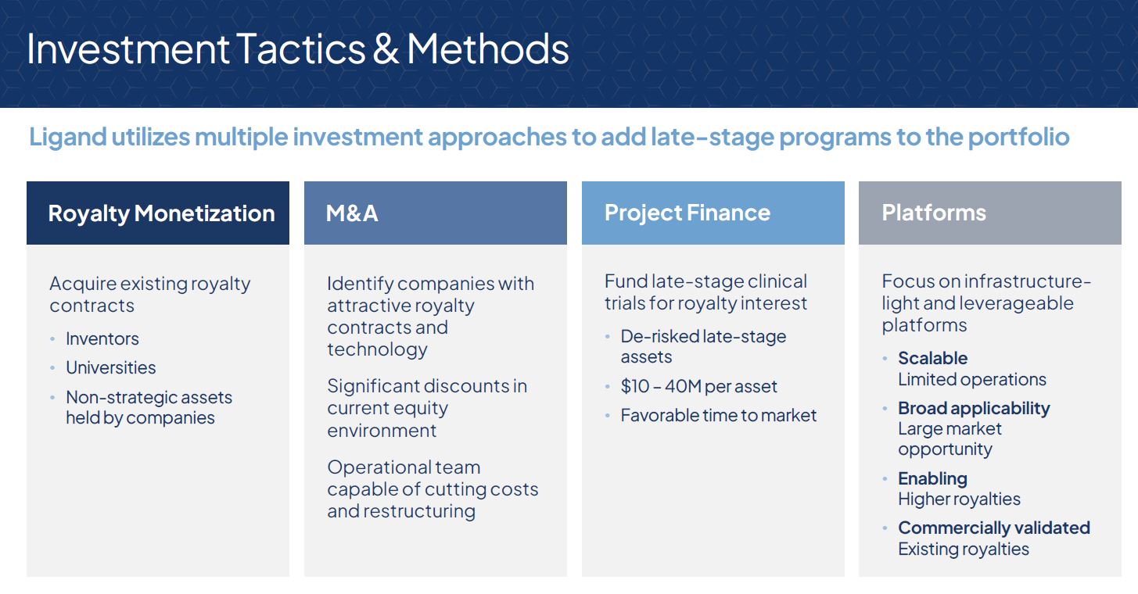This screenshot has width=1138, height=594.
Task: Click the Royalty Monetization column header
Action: (x=161, y=213)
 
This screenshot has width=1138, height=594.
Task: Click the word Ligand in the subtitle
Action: (x=67, y=137)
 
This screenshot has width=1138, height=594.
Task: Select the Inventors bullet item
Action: (x=102, y=338)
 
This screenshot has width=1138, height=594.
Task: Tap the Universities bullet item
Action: (x=110, y=367)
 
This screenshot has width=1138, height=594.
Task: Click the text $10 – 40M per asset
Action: (x=698, y=386)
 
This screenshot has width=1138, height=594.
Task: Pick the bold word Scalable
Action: (x=932, y=358)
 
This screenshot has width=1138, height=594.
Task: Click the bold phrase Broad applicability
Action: (x=974, y=408)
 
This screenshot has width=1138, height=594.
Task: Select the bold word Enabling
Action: (x=932, y=478)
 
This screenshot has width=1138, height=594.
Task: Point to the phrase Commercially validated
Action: (x=993, y=528)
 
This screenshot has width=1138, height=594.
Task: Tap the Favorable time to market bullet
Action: (x=718, y=415)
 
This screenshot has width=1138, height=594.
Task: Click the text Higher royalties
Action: (x=959, y=499)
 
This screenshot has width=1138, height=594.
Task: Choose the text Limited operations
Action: (x=971, y=379)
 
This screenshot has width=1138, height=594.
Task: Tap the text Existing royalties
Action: (x=963, y=549)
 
